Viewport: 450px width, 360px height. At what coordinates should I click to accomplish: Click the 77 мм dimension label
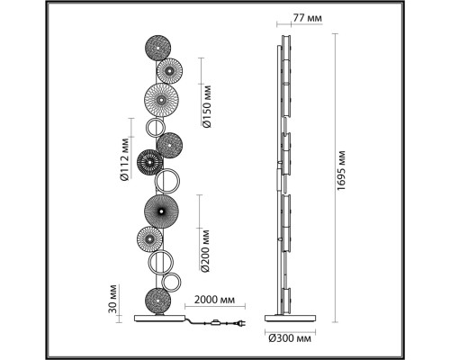307,18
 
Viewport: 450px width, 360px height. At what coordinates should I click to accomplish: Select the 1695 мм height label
341,170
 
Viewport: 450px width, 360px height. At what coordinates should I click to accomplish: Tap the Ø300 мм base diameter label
290,339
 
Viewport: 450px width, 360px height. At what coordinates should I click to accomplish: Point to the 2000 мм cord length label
214,300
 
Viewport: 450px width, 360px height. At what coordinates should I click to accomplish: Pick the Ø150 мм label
207,106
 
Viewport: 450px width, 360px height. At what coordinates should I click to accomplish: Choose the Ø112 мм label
124,159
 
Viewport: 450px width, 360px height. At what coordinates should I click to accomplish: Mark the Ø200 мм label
205,251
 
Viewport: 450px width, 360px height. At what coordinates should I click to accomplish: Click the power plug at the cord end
242,323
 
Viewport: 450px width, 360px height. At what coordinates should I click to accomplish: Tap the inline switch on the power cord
215,323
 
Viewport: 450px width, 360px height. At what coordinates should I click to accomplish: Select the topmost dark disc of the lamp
157,49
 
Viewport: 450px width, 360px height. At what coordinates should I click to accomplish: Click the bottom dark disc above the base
157,301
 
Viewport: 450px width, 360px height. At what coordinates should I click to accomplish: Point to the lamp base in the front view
160,318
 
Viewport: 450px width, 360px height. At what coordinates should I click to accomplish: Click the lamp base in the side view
290,318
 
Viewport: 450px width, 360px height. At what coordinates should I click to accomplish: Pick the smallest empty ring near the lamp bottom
171,283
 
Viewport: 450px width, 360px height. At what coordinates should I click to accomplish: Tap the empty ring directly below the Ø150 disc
155,128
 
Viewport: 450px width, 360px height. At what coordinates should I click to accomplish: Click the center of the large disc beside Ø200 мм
161,211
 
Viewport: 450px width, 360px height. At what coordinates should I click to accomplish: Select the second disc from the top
169,71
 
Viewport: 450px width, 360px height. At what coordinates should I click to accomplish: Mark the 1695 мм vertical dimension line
335,178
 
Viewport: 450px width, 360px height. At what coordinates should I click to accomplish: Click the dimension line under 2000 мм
215,306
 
